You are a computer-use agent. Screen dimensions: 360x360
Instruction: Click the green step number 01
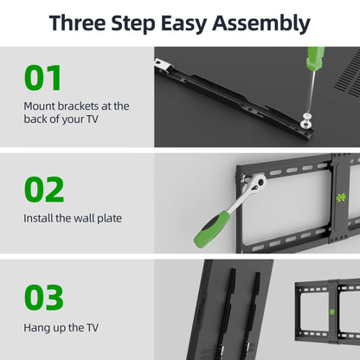coord(43,78)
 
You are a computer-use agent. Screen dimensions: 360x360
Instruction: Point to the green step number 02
coord(43,189)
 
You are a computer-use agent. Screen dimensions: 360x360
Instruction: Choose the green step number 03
coord(44,298)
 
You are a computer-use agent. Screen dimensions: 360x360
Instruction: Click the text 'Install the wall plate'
coord(73,219)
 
